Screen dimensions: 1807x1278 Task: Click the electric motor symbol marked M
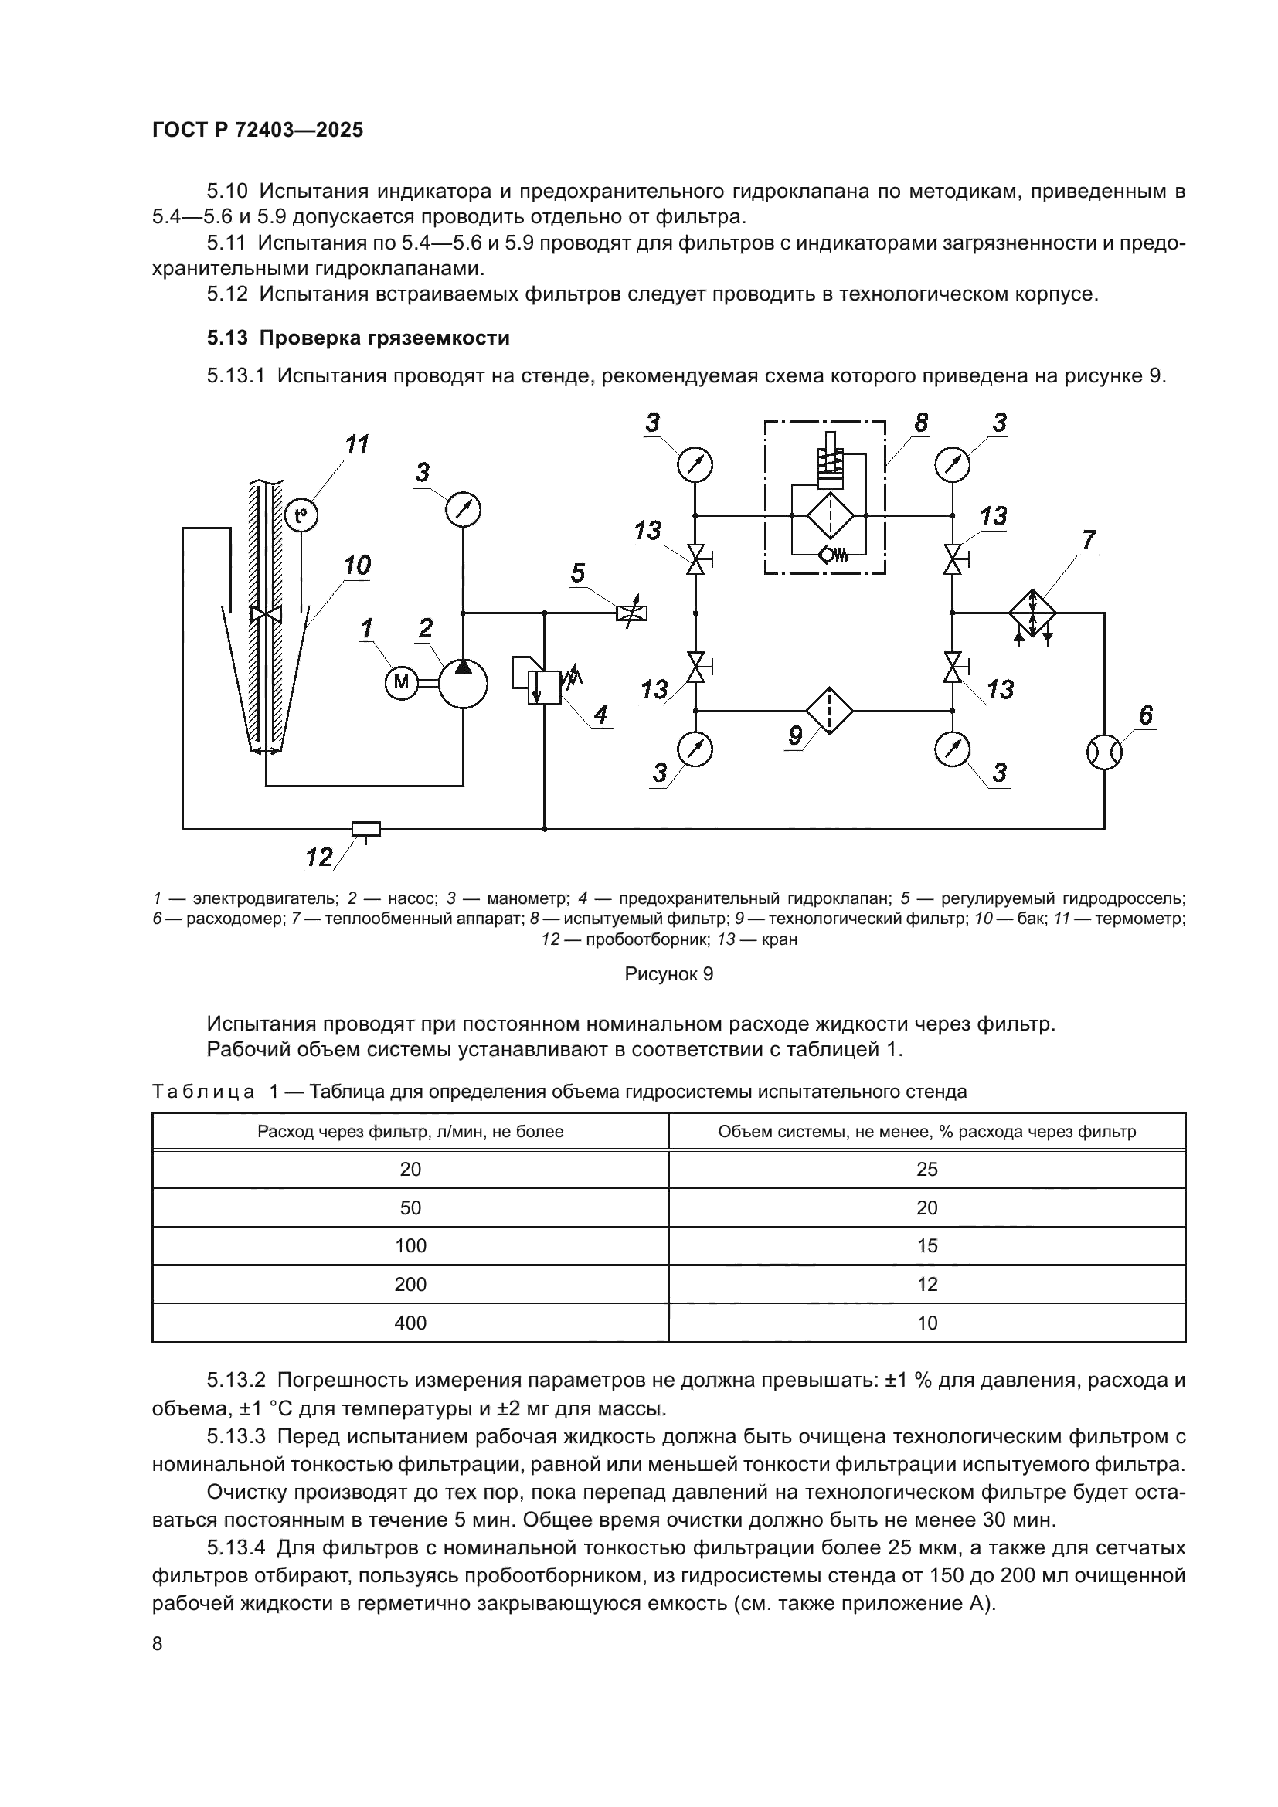tap(401, 681)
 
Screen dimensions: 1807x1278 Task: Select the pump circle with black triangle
tap(462, 682)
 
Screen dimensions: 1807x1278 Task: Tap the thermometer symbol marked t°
tap(301, 515)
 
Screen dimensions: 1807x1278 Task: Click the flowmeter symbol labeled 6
tap(1104, 752)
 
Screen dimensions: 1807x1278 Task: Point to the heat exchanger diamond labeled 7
tap(1032, 613)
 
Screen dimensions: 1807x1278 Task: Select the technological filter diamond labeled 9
tap(828, 709)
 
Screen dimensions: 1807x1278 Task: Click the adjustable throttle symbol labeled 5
tap(633, 613)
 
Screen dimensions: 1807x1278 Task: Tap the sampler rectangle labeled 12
tap(366, 828)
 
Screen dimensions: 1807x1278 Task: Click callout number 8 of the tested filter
tap(921, 423)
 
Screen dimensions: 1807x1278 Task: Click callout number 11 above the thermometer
tap(356, 446)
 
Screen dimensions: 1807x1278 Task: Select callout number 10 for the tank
tap(356, 565)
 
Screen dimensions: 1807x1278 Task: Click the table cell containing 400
tap(410, 1322)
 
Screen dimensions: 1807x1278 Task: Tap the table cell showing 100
tap(410, 1245)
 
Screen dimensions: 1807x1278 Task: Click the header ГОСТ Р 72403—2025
tap(257, 130)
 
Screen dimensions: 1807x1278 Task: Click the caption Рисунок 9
tap(668, 973)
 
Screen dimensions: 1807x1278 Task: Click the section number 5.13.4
tap(237, 1547)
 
